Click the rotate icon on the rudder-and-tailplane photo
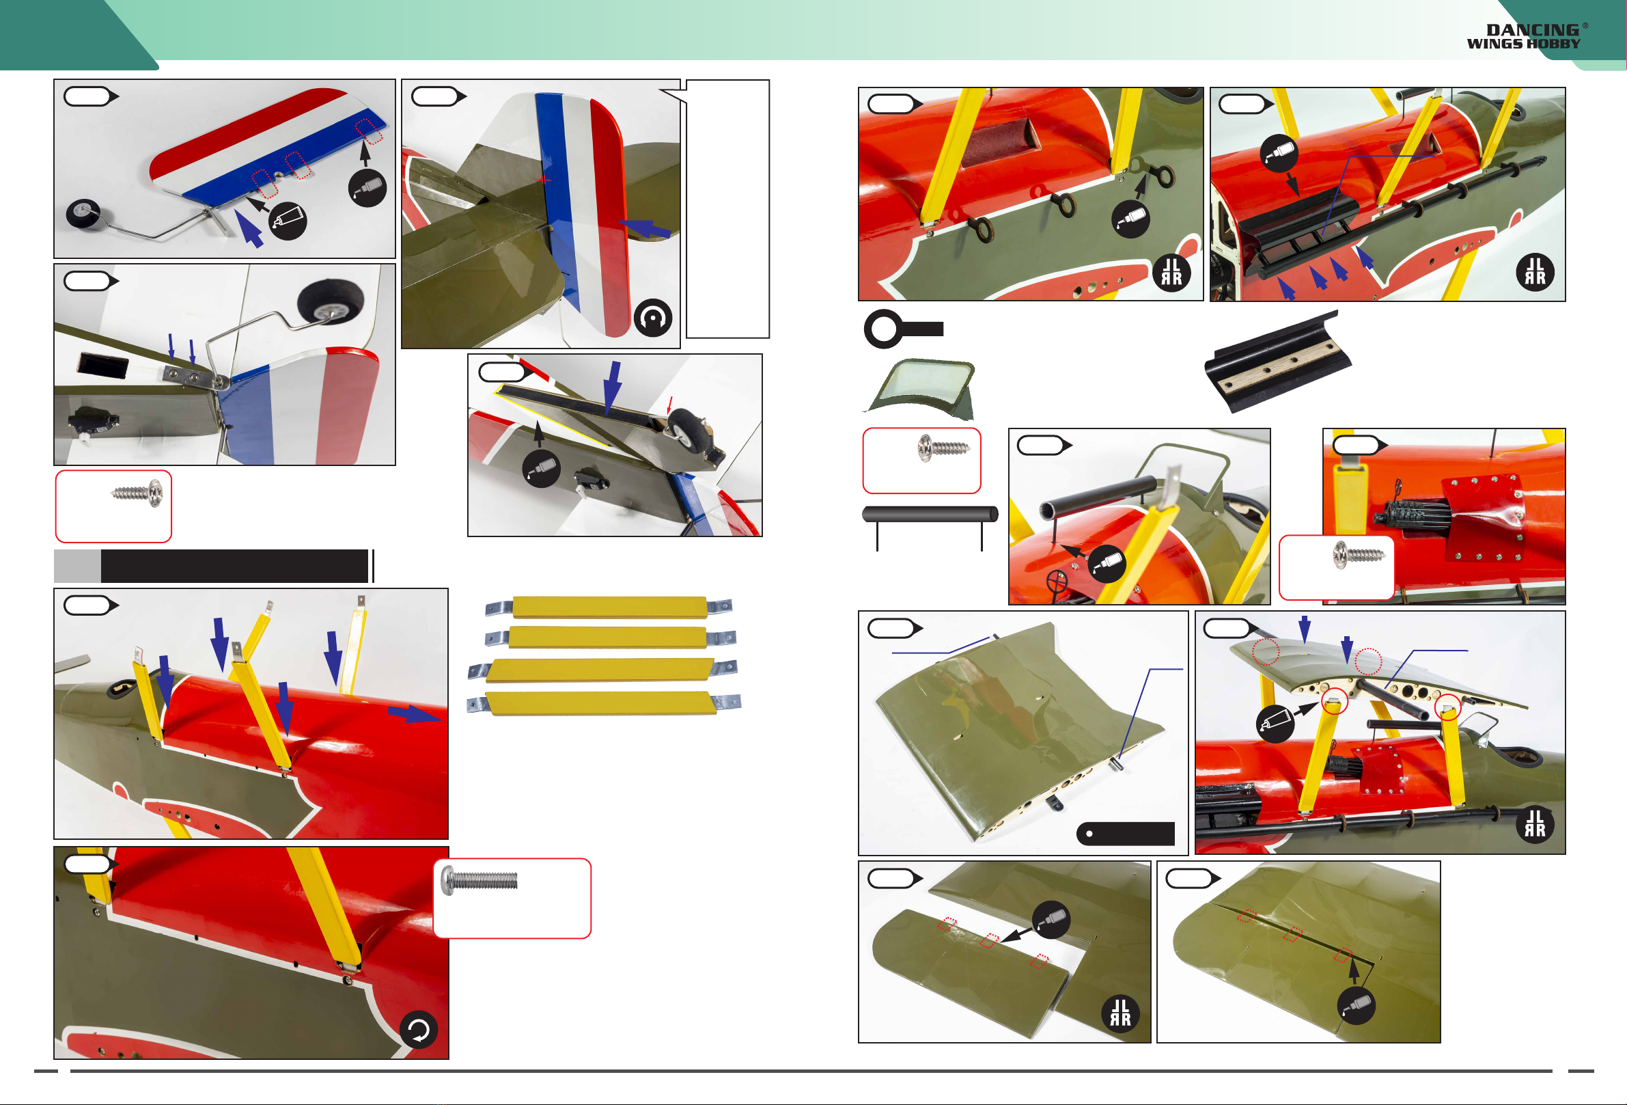652,318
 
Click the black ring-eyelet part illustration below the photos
903,329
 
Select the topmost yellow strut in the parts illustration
609,607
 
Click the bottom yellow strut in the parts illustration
604,703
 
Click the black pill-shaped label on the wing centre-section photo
1125,833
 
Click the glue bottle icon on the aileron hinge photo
1051,919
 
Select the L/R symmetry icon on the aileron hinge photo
1120,1013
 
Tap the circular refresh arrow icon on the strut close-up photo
419,1030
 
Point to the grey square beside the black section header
77,566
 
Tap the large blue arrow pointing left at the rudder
645,228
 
